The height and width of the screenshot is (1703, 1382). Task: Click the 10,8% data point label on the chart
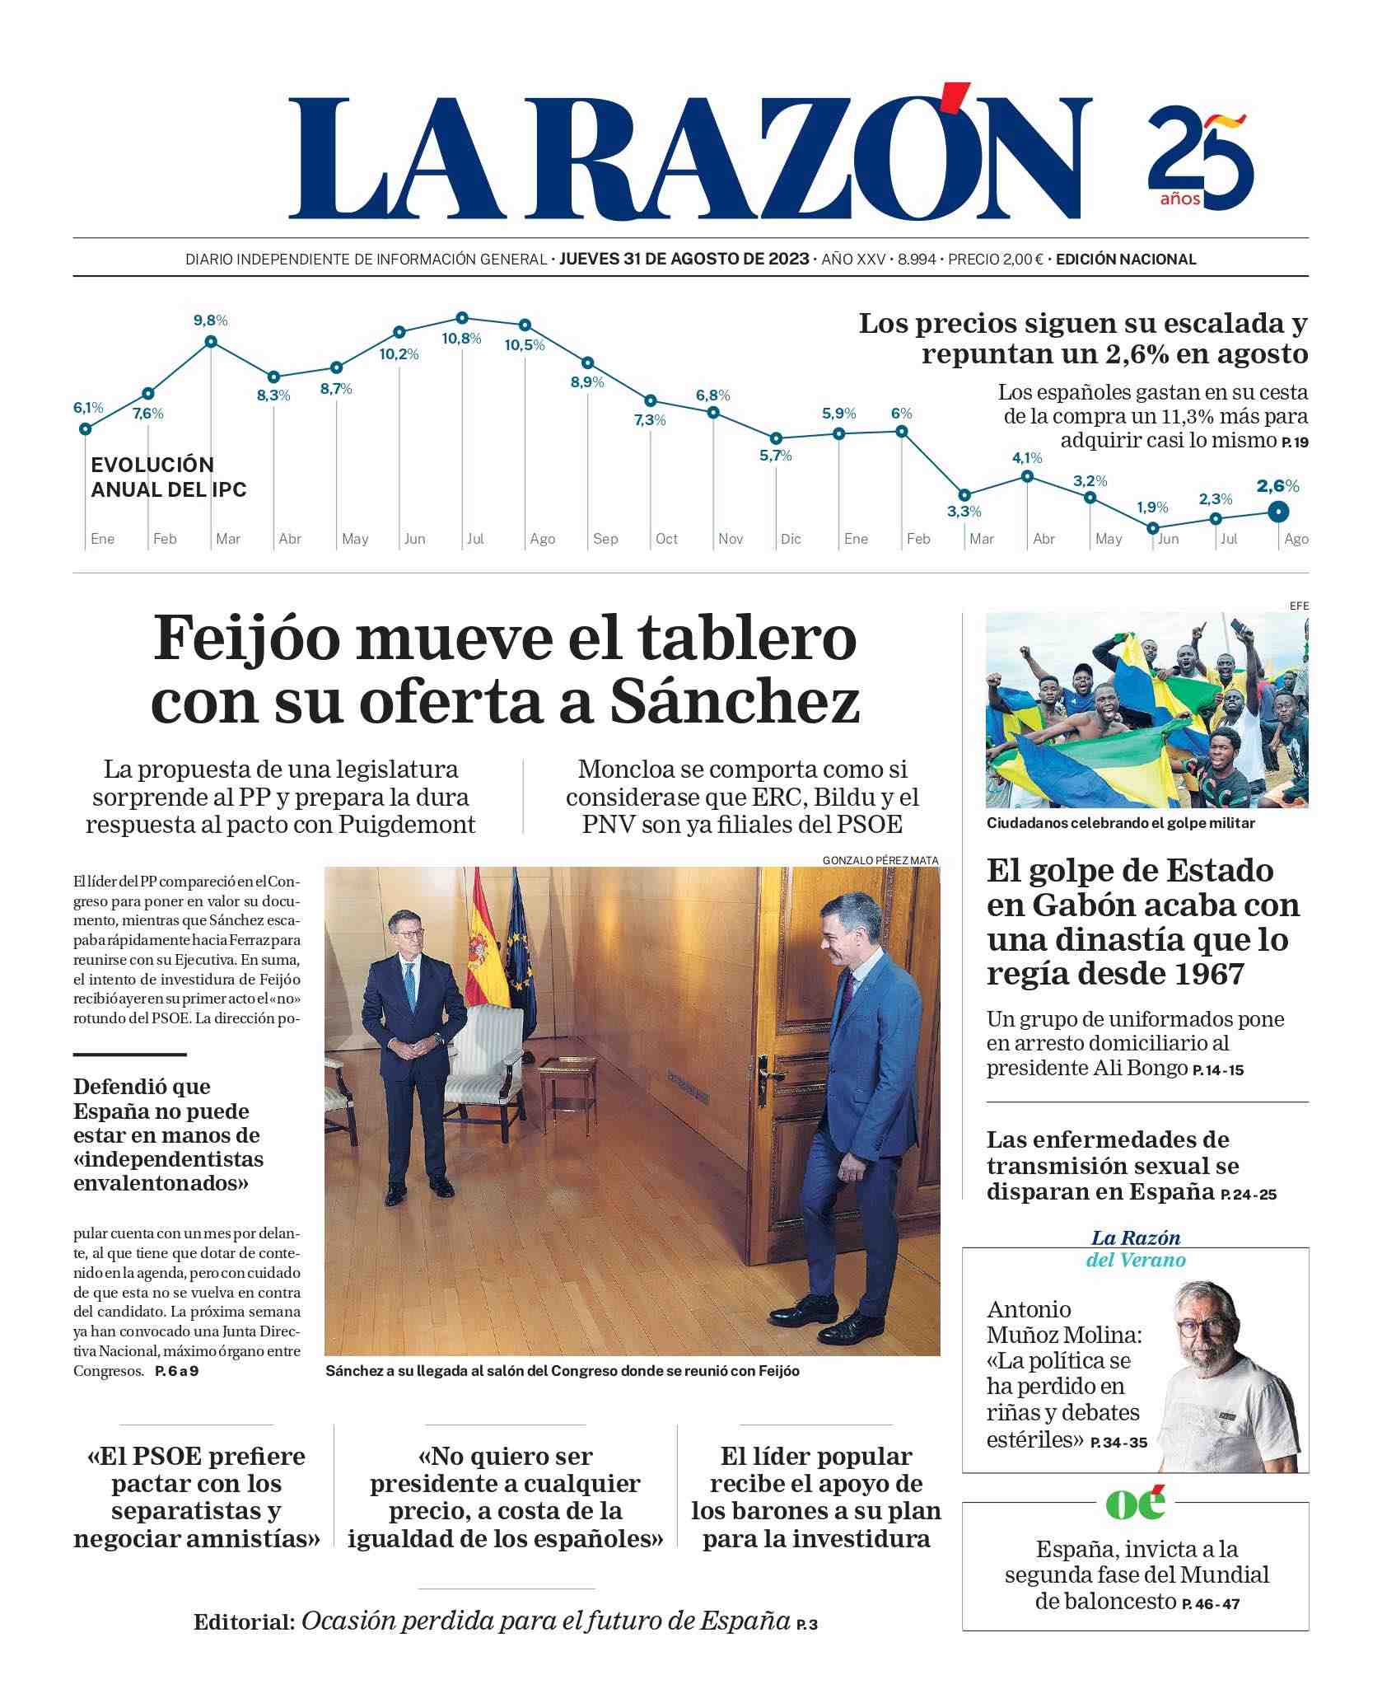point(461,339)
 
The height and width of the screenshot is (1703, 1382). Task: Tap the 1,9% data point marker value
point(1152,508)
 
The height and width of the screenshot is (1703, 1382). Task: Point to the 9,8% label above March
point(210,320)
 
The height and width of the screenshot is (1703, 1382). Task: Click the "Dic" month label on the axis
point(791,539)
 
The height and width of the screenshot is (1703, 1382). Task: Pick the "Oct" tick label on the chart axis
point(666,539)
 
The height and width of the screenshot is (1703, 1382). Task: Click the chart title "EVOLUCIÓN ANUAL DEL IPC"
point(169,477)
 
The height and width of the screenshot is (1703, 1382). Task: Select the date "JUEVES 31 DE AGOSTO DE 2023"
point(684,259)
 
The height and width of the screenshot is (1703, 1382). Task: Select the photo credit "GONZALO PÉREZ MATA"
point(880,860)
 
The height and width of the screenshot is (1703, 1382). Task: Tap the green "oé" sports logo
point(1135,1504)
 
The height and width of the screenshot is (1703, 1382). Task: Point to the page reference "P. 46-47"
point(1211,1604)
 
